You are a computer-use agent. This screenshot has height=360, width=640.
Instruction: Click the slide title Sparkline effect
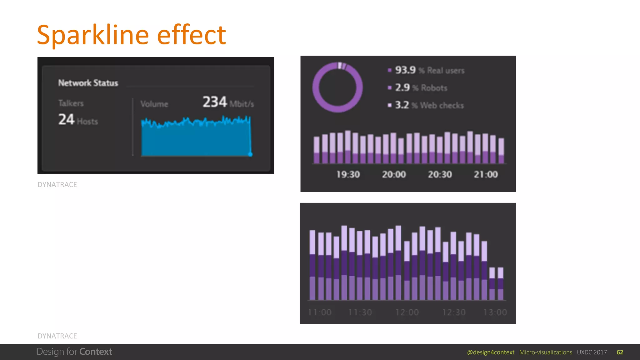(131, 35)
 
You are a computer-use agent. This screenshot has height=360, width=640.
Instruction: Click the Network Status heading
(88, 83)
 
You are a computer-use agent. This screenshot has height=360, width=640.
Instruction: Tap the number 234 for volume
(215, 102)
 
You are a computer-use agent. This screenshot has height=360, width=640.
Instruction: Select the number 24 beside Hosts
(66, 119)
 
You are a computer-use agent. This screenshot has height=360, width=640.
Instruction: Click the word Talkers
(71, 103)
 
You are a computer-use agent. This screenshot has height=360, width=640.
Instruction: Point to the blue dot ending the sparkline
(250, 154)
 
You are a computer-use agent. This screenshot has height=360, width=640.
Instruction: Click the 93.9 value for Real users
(405, 70)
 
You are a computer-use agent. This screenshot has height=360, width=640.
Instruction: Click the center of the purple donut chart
(337, 87)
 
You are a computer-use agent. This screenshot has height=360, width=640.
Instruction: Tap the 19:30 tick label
(348, 174)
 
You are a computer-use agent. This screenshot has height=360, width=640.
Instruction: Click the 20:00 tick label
(394, 174)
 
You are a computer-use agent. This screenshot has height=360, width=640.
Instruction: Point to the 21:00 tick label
(486, 174)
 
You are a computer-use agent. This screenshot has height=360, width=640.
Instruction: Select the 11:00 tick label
(319, 312)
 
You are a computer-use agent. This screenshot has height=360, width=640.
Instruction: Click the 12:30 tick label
(454, 312)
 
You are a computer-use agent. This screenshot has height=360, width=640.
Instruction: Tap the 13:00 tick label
(495, 312)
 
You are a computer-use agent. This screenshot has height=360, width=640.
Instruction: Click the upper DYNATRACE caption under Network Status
(57, 185)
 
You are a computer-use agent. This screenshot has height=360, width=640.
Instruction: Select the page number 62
(620, 352)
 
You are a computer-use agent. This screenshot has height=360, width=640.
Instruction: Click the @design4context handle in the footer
(491, 352)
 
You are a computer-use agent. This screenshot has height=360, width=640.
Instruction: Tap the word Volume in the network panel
(154, 104)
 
